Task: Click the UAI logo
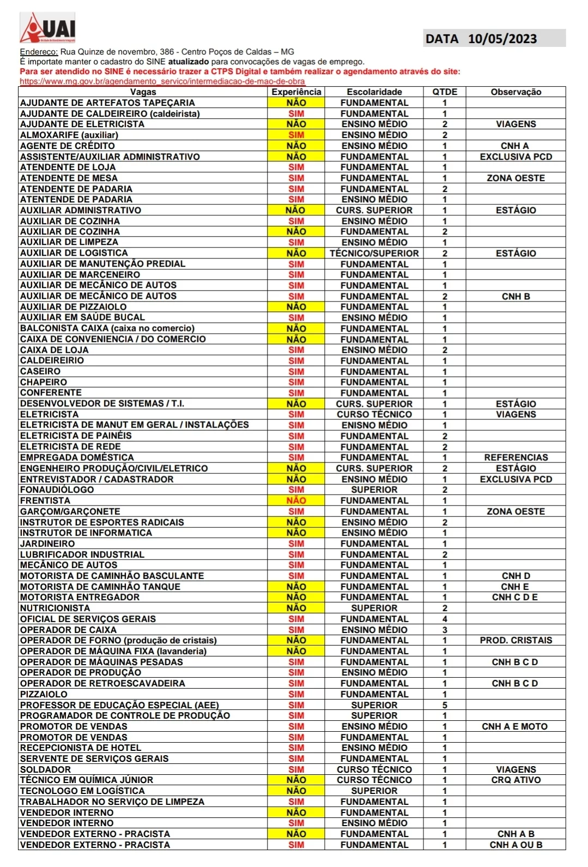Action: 48,28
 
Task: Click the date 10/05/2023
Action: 502,39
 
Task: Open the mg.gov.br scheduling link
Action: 162,81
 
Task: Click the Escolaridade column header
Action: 374,92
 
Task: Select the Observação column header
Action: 516,92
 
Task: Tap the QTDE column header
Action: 445,92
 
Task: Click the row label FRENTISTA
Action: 45,501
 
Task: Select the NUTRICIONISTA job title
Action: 55,608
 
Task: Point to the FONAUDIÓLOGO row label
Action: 57,490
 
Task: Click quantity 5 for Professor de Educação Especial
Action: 445,705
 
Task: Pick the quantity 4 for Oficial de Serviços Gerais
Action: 445,619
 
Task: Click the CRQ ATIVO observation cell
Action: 516,780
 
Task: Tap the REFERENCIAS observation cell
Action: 516,457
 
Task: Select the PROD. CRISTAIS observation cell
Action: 516,640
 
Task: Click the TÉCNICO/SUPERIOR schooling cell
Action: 374,253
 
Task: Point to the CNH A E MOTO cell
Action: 514,726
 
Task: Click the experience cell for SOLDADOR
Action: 296,769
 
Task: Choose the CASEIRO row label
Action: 40,371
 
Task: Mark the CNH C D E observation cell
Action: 514,597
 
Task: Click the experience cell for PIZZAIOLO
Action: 296,694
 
